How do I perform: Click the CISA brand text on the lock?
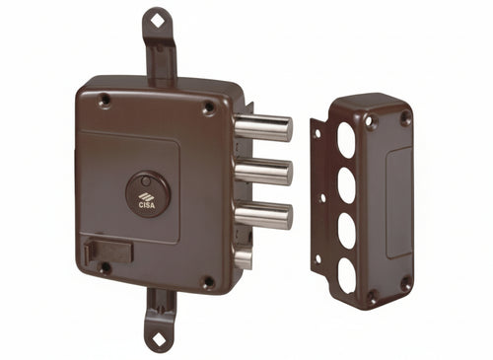147,206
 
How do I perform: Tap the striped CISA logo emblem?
147,197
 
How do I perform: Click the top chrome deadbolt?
264,128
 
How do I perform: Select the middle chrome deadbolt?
264,172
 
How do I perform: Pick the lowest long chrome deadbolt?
264,215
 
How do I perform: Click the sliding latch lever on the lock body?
108,251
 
